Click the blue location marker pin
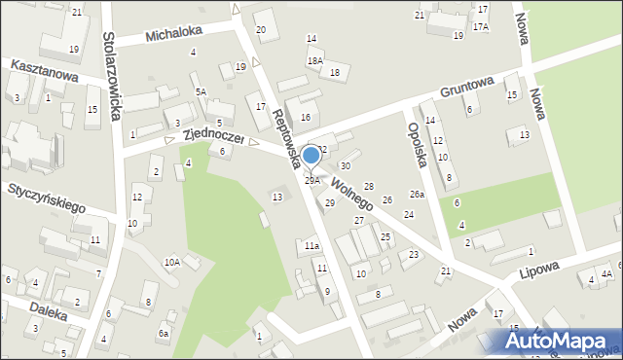[x=311, y=156]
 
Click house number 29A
[x=311, y=180]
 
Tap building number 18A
[x=314, y=60]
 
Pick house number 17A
[x=481, y=26]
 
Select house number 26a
[x=417, y=195]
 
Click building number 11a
[x=311, y=246]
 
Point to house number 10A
[x=171, y=262]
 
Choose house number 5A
[x=201, y=91]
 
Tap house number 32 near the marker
[x=322, y=149]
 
